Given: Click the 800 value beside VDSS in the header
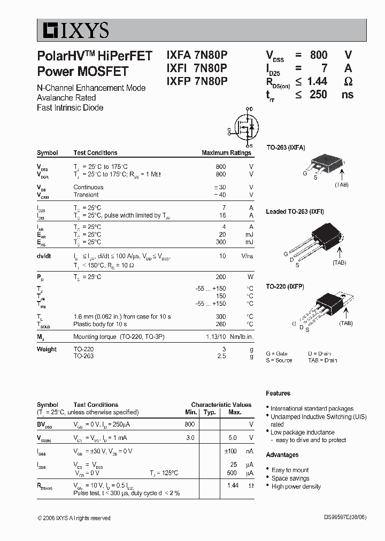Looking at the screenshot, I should [318, 55].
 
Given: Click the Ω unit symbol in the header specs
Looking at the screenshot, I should [348, 81].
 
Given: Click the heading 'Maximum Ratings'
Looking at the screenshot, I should [226, 153].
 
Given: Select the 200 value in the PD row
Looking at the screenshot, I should [220, 277].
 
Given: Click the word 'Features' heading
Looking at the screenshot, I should [278, 393].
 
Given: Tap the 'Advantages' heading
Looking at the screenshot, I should [282, 455].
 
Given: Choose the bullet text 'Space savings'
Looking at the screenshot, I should [290, 478].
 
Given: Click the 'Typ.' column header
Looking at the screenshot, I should [210, 412].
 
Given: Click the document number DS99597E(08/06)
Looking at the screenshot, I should [345, 518].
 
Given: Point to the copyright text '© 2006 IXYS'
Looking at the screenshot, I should [74, 518].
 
